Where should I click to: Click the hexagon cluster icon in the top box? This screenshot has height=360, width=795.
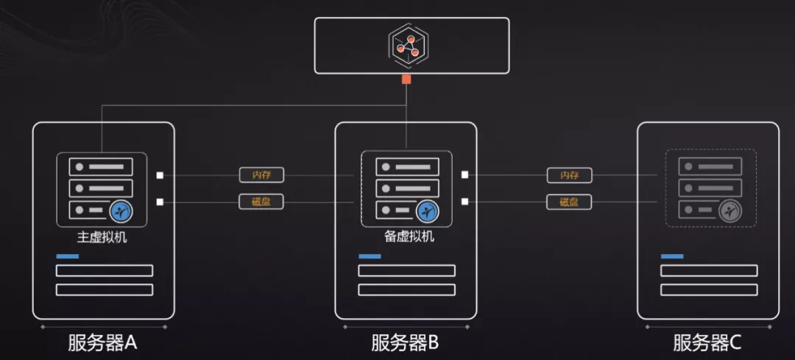coord(407,45)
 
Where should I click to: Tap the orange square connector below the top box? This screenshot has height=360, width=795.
coord(406,79)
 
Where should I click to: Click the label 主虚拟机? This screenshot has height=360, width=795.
coord(102,238)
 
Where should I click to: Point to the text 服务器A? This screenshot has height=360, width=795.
coord(103,342)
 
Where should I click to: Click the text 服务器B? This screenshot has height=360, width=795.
coord(405,342)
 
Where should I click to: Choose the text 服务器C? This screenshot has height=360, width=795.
coord(707,342)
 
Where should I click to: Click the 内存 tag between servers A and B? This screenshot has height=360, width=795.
coord(261,175)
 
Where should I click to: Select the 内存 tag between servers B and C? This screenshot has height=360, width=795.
coord(569,175)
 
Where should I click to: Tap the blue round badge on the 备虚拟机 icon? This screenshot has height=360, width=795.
coord(427,212)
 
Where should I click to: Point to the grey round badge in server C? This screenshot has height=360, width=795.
coord(729,212)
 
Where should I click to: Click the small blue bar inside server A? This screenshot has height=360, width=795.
coord(68,256)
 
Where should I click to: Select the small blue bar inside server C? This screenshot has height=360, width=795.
coord(672,256)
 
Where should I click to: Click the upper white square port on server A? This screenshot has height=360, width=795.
coord(160,175)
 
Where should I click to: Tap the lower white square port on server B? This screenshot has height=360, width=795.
coord(464,202)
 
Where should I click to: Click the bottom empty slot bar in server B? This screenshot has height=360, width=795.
coord(406,289)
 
